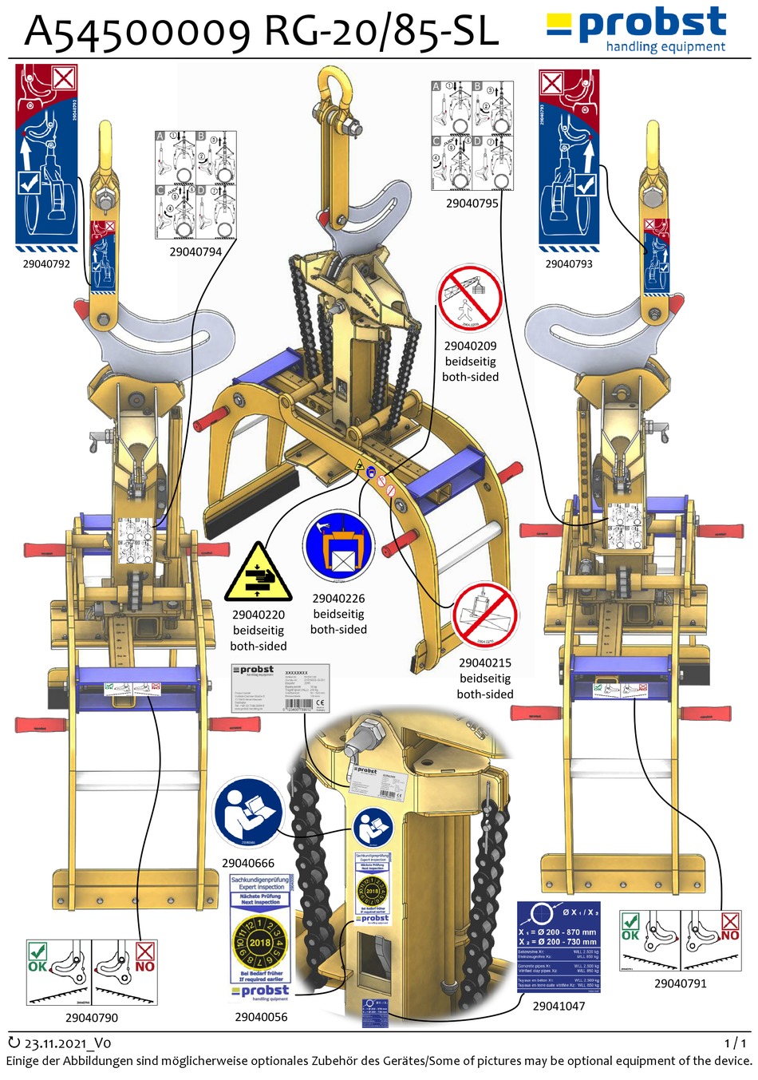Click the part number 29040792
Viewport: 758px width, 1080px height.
(x=46, y=263)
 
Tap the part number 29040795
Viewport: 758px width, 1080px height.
(x=472, y=204)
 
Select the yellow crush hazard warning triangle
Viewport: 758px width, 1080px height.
(x=258, y=573)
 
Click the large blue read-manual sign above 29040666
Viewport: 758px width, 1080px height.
(x=248, y=813)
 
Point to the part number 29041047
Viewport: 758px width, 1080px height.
(x=559, y=1006)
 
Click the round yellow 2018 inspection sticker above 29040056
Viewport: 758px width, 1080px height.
(x=260, y=942)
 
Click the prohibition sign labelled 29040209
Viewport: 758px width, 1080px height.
(x=470, y=299)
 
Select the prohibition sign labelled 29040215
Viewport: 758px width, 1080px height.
(x=485, y=615)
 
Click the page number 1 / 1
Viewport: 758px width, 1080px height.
(x=736, y=1043)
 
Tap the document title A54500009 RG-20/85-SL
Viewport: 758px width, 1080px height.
(x=262, y=32)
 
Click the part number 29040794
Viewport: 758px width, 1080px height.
(x=195, y=251)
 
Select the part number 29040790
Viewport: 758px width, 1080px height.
(x=92, y=1018)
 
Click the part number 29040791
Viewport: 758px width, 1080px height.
(x=681, y=983)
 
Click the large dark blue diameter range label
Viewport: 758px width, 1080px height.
(x=559, y=947)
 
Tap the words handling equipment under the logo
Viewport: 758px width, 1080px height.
(x=665, y=47)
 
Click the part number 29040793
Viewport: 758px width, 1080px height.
(x=569, y=263)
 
